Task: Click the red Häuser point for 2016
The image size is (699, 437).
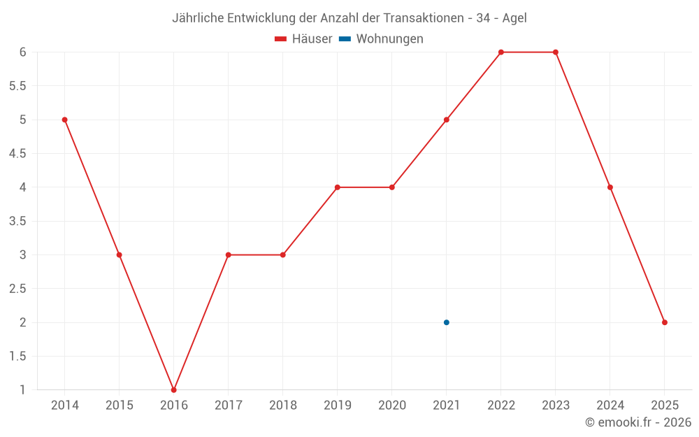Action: click(x=174, y=389)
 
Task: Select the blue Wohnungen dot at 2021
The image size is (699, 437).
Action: click(x=447, y=322)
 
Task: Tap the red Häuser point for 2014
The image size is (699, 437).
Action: click(x=65, y=120)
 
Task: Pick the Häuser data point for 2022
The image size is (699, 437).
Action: click(x=501, y=52)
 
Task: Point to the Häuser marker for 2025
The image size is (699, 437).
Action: click(x=665, y=322)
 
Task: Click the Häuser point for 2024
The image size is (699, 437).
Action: click(x=610, y=187)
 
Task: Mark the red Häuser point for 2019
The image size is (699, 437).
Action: click(x=338, y=187)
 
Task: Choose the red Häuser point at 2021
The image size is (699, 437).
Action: click(x=447, y=120)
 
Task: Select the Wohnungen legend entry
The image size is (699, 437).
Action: click(x=389, y=39)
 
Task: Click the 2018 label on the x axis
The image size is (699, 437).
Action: click(x=283, y=406)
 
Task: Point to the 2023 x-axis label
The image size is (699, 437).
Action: click(x=556, y=406)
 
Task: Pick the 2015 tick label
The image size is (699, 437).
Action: click(x=120, y=406)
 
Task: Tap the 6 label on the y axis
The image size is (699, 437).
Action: click(x=23, y=52)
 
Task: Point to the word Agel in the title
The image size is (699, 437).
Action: click(x=514, y=18)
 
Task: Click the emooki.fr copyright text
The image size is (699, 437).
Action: click(x=638, y=422)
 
